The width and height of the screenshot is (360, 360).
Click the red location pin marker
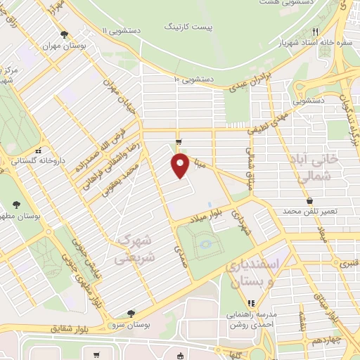(x=181, y=166)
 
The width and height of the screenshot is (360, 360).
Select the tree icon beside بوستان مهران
(x=65, y=34)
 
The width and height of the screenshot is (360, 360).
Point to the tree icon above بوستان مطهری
(x=16, y=205)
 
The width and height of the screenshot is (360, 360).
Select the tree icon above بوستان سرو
(x=130, y=314)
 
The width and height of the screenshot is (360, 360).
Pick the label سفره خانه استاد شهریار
(x=314, y=43)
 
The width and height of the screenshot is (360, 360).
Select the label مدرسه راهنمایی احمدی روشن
(x=252, y=321)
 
